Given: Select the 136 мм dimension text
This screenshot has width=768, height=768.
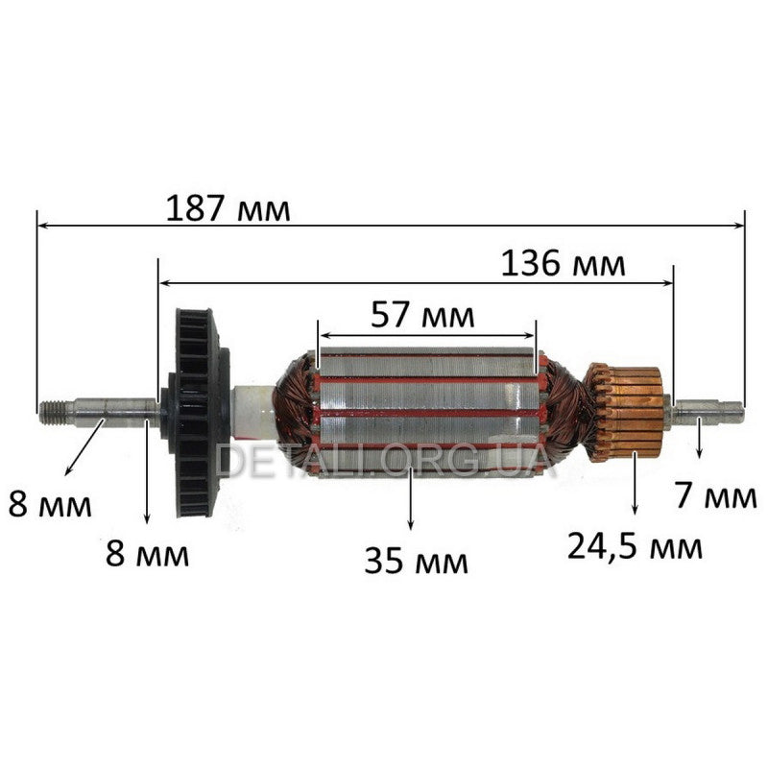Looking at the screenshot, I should [x=563, y=262].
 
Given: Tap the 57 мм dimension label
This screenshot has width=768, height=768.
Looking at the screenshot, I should [x=422, y=313].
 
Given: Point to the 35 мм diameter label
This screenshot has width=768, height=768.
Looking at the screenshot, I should [x=416, y=560].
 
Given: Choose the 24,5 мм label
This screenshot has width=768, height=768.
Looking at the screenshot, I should [x=635, y=547].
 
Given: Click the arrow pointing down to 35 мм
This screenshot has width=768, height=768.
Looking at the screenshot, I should [x=411, y=499].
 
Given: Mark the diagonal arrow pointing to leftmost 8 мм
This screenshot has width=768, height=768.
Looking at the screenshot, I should [x=84, y=446].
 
